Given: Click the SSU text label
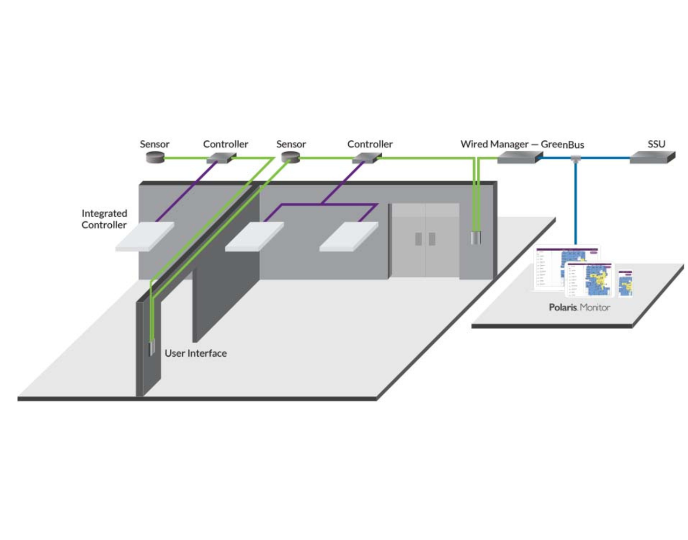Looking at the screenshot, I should [656, 144].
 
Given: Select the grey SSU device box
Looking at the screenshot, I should [651, 157].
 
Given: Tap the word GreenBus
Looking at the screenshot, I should [562, 145].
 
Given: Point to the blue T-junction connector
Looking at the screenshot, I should [576, 159].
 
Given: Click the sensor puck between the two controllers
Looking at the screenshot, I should [290, 157].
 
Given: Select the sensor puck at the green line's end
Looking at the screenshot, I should [155, 157].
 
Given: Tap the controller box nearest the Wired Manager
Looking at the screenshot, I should [366, 158].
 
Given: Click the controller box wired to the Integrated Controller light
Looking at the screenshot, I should [221, 158].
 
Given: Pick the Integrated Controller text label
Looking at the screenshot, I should [104, 219].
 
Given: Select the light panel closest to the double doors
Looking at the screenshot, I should [349, 237].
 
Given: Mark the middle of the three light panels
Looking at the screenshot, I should [254, 237].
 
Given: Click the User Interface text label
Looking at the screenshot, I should [196, 353].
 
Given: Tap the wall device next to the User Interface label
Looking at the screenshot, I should [152, 348].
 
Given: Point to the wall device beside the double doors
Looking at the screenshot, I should [476, 237].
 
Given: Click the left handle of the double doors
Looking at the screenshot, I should [418, 239].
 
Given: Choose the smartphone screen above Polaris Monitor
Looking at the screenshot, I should [625, 283].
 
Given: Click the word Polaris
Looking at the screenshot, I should [563, 308].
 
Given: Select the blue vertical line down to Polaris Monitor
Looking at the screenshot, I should [576, 204].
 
